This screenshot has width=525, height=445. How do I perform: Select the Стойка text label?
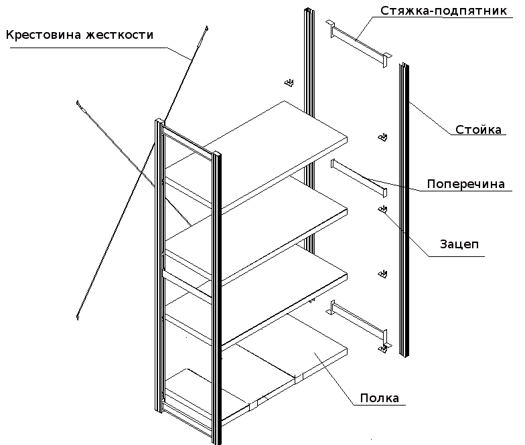pyautogui.click(x=478, y=129)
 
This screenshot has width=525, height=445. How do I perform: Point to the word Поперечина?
pyautogui.click(x=466, y=184)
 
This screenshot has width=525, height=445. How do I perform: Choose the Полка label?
pyautogui.click(x=380, y=398)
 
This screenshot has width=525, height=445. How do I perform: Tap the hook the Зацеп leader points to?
pyautogui.click(x=383, y=211)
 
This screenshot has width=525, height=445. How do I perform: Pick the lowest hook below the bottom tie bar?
pyautogui.click(x=383, y=349)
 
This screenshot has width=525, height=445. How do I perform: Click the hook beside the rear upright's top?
pyautogui.click(x=289, y=83)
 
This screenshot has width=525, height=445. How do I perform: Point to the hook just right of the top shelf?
pyautogui.click(x=382, y=138)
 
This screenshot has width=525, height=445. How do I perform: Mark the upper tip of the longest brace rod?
pyautogui.click(x=208, y=27)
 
